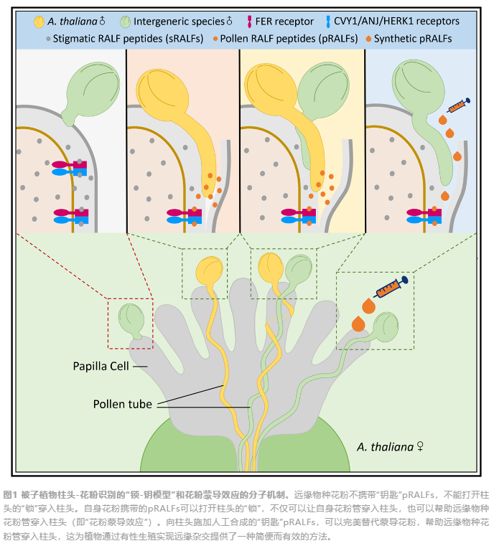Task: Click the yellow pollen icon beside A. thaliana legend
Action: [x=39, y=22]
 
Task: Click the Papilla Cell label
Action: [x=101, y=366]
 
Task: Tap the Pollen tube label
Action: [x=123, y=404]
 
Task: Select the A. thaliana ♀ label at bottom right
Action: [x=390, y=447]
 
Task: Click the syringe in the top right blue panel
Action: [x=458, y=105]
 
